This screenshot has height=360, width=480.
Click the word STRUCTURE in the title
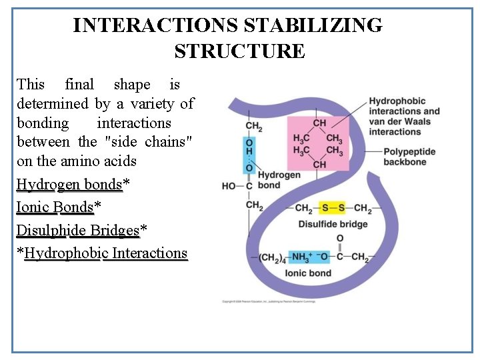[x=239, y=51]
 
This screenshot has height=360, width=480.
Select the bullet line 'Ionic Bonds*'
[x=59, y=207]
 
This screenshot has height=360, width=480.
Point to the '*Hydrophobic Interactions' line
[x=103, y=253]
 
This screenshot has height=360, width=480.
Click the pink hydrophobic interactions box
[x=319, y=144]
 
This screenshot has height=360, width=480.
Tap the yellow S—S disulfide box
[x=334, y=208]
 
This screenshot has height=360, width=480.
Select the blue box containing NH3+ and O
[x=310, y=257]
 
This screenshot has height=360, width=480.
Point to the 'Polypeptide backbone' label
[x=409, y=157]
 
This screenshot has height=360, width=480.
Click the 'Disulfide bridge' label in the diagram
[x=333, y=224]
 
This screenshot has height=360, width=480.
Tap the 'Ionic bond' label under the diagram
[x=308, y=273]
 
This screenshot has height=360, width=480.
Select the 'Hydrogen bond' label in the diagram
[x=278, y=180]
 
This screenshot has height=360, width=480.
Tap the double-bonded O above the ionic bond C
[x=339, y=239]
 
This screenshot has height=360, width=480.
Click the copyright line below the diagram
[x=269, y=301]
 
